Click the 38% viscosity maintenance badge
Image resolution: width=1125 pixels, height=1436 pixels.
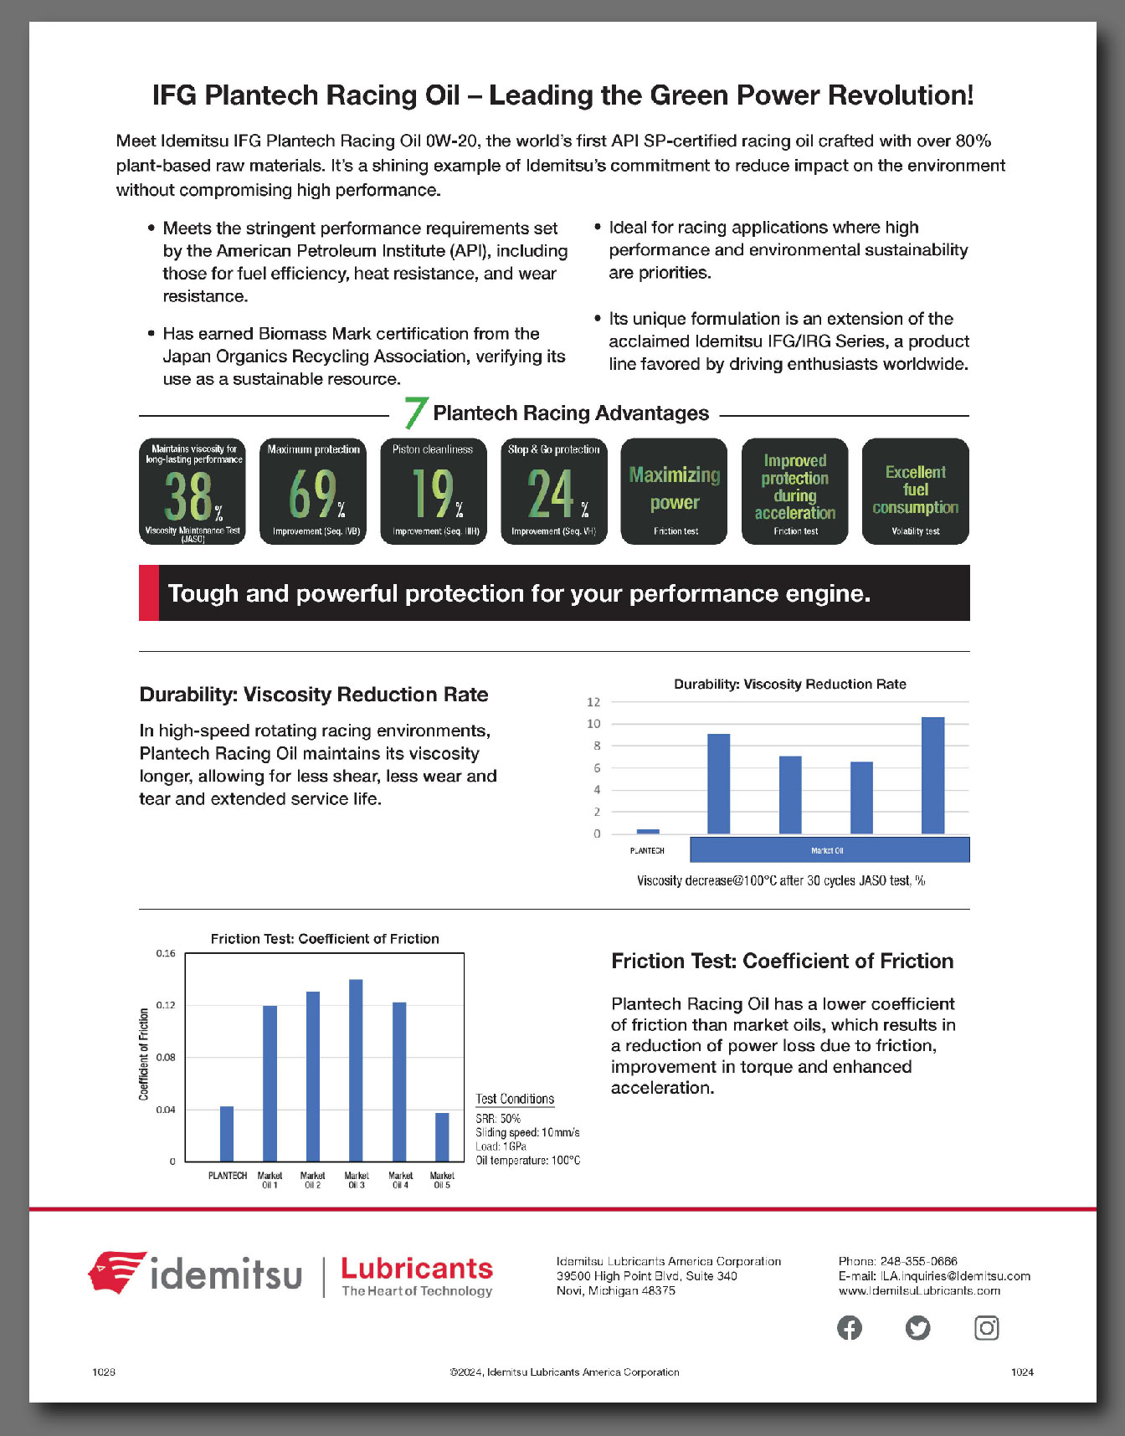[x=193, y=492]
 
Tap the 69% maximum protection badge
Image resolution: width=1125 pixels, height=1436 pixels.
[x=313, y=492]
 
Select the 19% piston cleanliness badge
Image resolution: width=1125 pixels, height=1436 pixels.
[x=434, y=492]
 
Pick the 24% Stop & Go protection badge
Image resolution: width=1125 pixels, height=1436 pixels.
[x=554, y=492]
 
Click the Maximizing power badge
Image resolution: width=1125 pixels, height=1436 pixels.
[x=674, y=492]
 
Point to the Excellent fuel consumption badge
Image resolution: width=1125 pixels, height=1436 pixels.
[x=915, y=492]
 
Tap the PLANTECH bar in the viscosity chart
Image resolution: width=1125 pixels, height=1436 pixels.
[x=648, y=831]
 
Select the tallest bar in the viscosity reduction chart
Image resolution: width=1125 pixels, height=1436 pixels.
[x=932, y=775]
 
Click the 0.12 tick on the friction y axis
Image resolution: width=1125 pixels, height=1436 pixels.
[x=166, y=1005]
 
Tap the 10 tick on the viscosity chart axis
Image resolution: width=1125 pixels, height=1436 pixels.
[x=593, y=724]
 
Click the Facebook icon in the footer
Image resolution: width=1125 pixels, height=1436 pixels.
[x=850, y=1328]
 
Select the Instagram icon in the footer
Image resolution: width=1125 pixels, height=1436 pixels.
[x=987, y=1328]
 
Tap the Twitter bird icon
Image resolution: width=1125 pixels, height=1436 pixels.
[x=918, y=1328]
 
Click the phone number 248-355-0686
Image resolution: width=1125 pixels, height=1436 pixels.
[x=918, y=1261]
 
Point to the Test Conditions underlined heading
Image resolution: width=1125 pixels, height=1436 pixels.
[x=515, y=1099]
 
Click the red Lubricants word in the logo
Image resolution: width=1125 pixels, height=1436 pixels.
[x=417, y=1269]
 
